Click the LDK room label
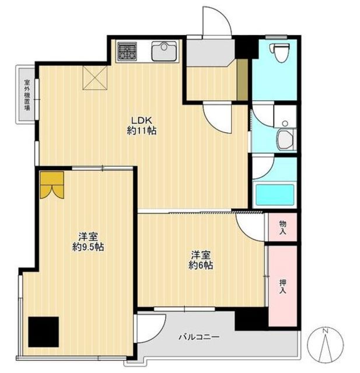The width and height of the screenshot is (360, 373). pyautogui.click(x=142, y=121)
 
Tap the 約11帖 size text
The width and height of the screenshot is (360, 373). pyautogui.click(x=142, y=131)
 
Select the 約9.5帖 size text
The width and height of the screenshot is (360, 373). pyautogui.click(x=88, y=247)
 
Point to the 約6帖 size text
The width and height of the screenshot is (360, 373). pyautogui.click(x=201, y=265)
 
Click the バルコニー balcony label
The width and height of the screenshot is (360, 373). pyautogui.click(x=199, y=337)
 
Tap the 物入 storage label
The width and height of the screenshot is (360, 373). pyautogui.click(x=282, y=227)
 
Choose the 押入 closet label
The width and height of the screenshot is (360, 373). pyautogui.click(x=282, y=287)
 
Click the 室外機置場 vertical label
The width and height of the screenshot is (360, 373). pyautogui.click(x=27, y=95)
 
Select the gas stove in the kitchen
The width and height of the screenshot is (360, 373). pyautogui.click(x=127, y=51)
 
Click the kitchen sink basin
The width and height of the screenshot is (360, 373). pyautogui.click(x=165, y=51)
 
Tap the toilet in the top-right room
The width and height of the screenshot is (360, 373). pyautogui.click(x=280, y=52)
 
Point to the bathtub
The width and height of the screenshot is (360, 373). pyautogui.click(x=275, y=195)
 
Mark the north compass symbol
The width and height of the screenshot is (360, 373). pyautogui.click(x=325, y=344)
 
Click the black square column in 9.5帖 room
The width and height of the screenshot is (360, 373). pyautogui.click(x=43, y=332)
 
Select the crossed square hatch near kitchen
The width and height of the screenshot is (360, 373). pyautogui.click(x=95, y=78)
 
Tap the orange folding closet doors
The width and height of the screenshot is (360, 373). pyautogui.click(x=52, y=185)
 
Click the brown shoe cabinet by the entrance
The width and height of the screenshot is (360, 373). pyautogui.click(x=243, y=80)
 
